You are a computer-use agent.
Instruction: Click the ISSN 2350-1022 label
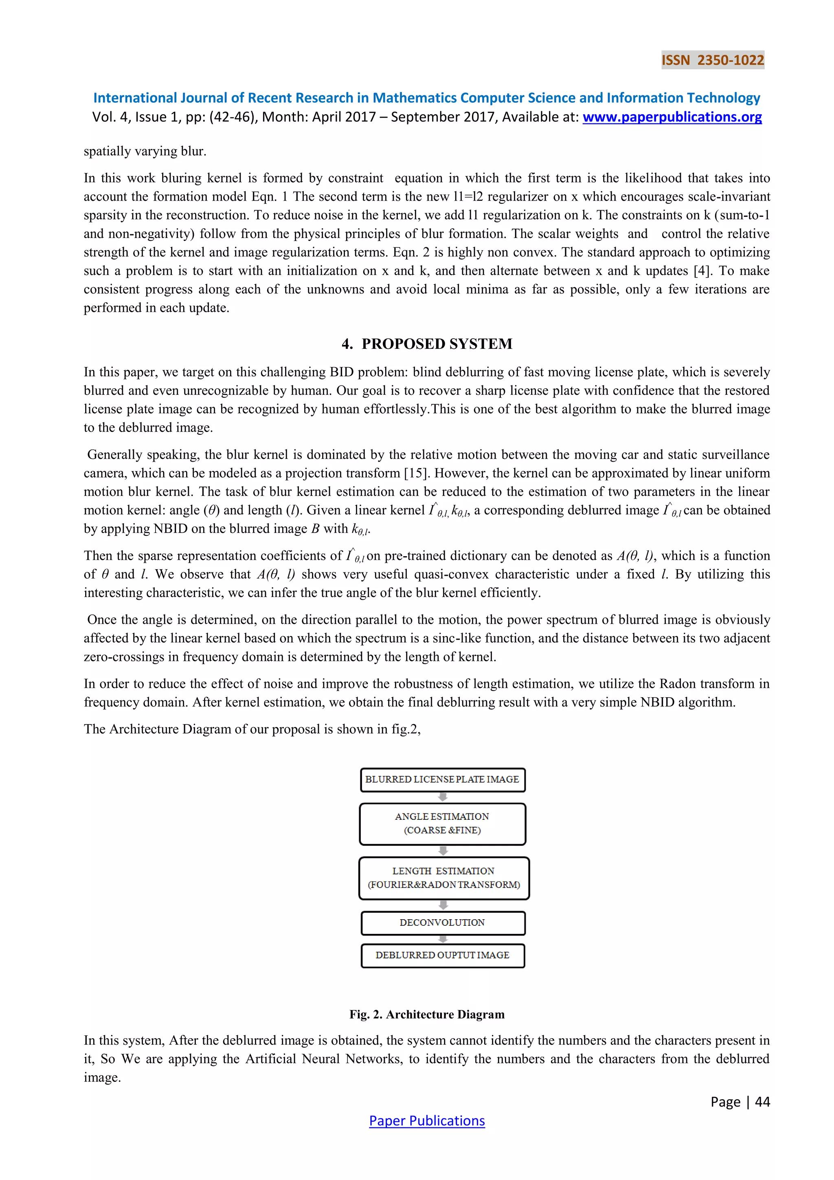[x=712, y=60]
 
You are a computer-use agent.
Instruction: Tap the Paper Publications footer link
[x=427, y=1121]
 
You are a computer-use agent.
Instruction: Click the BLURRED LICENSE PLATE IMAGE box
[x=442, y=779]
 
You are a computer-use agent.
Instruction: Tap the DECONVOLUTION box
[x=442, y=922]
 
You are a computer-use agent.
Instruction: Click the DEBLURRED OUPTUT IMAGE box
[x=442, y=955]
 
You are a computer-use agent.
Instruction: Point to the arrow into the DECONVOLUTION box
[x=443, y=905]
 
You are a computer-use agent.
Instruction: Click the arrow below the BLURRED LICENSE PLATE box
[x=443, y=797]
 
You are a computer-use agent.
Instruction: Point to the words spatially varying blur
[x=145, y=151]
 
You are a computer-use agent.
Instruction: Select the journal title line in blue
[x=427, y=98]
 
